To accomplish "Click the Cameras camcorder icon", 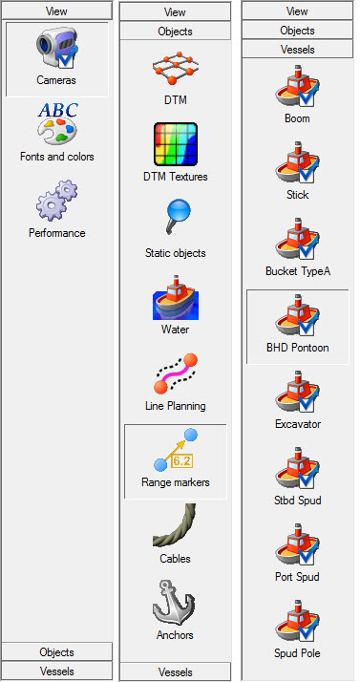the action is [x=57, y=48].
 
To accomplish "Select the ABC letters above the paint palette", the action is [x=58, y=110].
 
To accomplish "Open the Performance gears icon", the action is [x=57, y=201].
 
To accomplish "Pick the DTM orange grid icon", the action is [x=175, y=68].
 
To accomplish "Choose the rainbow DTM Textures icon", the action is [x=175, y=144].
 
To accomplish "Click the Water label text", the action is [x=175, y=330].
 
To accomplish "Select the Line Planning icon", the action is [x=175, y=373].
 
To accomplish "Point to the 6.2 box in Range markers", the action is [x=181, y=461].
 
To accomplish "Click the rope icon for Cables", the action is [x=175, y=525].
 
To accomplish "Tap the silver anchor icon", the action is [x=175, y=602].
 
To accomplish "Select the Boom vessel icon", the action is [x=297, y=87].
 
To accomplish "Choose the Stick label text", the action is [x=297, y=195].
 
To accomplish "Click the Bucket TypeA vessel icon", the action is [x=297, y=240].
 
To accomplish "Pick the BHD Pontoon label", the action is [x=297, y=348].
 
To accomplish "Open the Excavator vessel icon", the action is [x=297, y=393].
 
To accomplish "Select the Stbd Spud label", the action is [x=298, y=501].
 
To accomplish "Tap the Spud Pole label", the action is [x=297, y=653].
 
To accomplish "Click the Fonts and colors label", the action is [x=57, y=157].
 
